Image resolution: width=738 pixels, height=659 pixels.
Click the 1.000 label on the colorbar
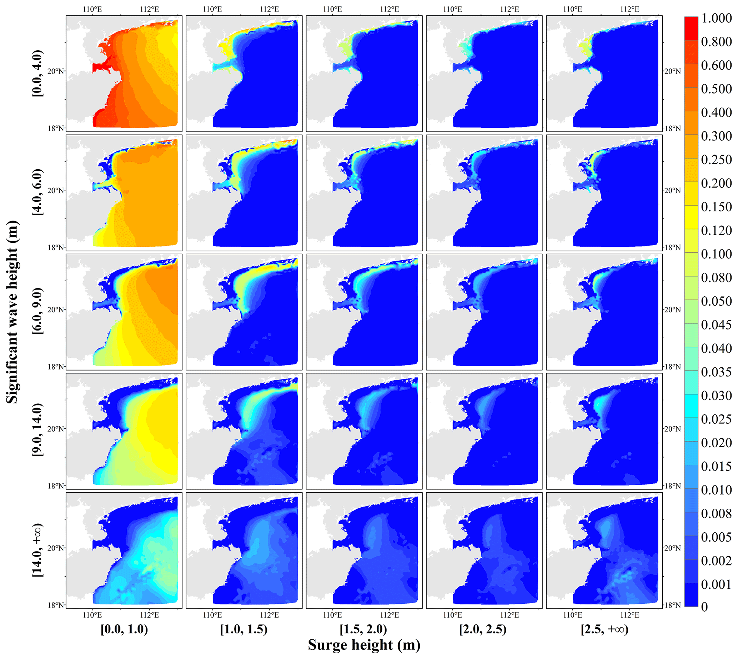coord(716,18)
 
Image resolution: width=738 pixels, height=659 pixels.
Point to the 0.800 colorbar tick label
coord(716,42)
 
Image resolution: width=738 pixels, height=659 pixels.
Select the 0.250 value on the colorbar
coord(716,160)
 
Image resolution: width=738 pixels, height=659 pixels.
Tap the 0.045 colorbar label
coord(716,325)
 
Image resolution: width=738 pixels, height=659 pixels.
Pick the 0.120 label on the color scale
coord(716,230)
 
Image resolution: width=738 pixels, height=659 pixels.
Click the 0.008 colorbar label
coord(716,513)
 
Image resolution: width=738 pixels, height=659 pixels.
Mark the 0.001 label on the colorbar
coord(716,584)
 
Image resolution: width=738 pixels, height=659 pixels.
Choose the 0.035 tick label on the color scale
coord(716,372)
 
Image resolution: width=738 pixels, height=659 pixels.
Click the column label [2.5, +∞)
coord(604,629)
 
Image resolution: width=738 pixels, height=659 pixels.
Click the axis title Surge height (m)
coord(364,645)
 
